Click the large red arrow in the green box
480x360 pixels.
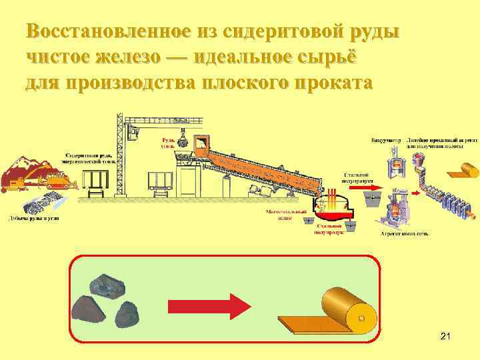coord(208,306)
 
